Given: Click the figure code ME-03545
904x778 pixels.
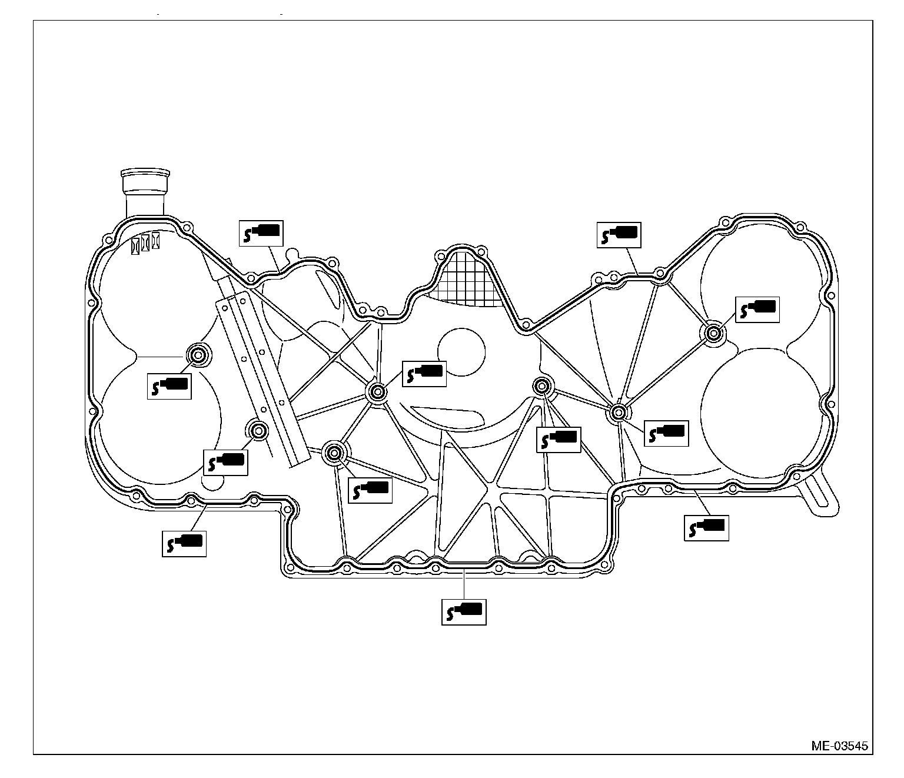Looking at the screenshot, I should [x=839, y=746].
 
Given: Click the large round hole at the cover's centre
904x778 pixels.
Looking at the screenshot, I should [x=461, y=351].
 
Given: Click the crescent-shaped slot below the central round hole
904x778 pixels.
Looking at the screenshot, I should [x=448, y=416].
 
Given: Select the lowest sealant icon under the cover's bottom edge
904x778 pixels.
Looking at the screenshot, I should [x=464, y=612].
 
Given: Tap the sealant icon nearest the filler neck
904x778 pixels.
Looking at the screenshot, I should [x=261, y=233].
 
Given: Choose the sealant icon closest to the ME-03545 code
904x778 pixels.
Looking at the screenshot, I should [x=706, y=527].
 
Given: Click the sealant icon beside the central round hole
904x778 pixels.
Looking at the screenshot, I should [x=424, y=374].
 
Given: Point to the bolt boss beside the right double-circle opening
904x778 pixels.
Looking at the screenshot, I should [x=714, y=333].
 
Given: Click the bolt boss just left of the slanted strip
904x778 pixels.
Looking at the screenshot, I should [x=258, y=430].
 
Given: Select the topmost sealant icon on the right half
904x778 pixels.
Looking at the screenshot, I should [x=619, y=235].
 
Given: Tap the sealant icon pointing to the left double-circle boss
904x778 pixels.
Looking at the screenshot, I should [x=169, y=387].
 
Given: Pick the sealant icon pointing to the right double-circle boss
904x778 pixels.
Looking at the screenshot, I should [x=757, y=310].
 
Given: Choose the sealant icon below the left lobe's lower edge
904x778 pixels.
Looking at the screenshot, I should [x=184, y=543].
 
